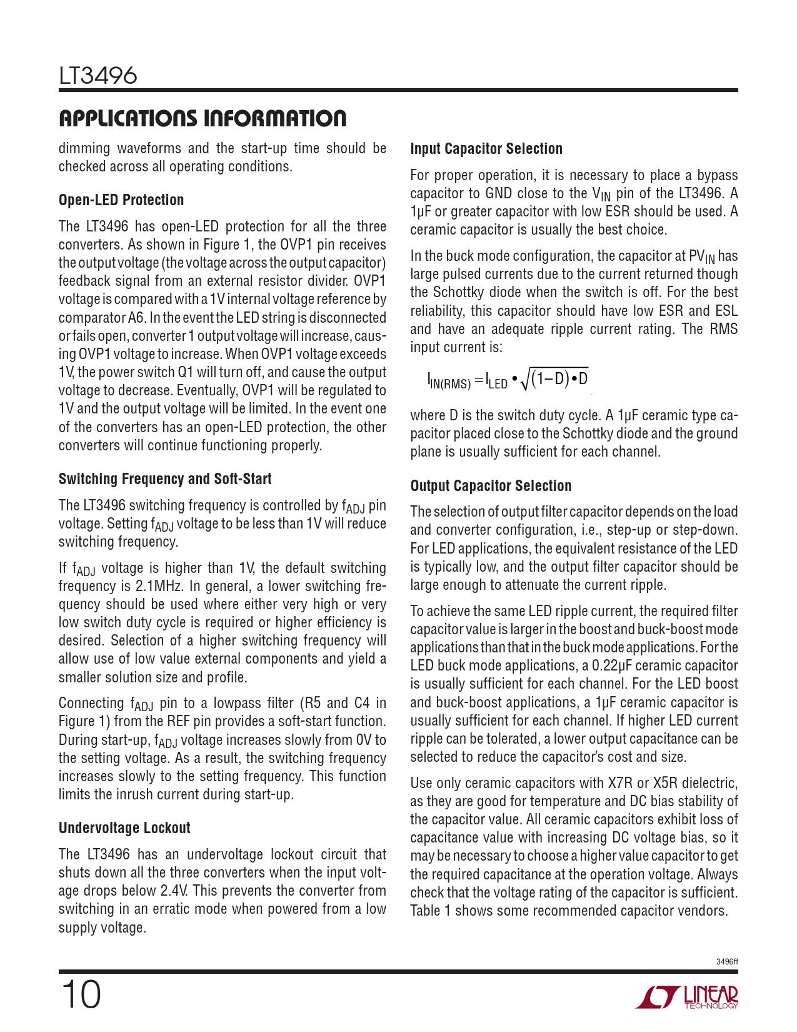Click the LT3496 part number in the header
(x=98, y=76)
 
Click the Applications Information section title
(x=203, y=118)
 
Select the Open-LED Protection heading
(x=121, y=200)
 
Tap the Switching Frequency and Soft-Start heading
(x=165, y=479)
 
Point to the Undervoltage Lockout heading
(x=124, y=828)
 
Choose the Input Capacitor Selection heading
(x=486, y=149)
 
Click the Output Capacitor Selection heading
(x=491, y=486)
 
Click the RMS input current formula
(x=508, y=379)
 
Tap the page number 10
(x=80, y=994)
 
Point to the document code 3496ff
(x=726, y=962)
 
